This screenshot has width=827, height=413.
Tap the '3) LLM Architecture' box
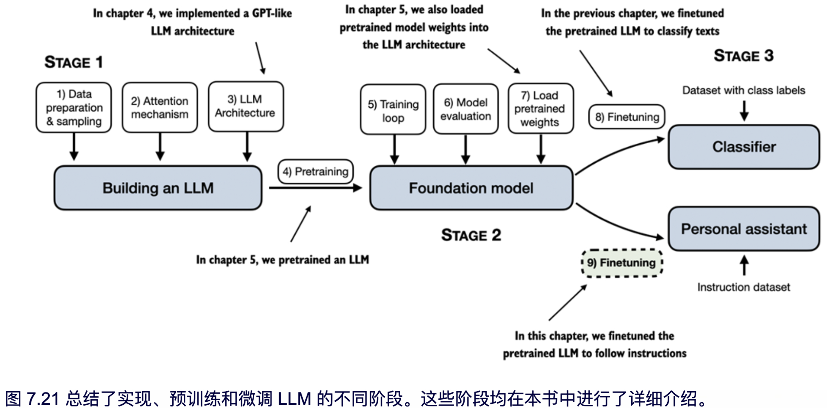pyautogui.click(x=246, y=106)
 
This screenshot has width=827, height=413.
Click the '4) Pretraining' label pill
pyautogui.click(x=315, y=172)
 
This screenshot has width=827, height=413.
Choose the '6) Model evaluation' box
pyautogui.click(x=466, y=109)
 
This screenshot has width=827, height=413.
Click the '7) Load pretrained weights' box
pyautogui.click(x=540, y=108)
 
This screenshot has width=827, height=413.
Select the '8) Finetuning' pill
pyautogui.click(x=627, y=117)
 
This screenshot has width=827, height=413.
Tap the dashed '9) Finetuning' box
pyautogui.click(x=622, y=263)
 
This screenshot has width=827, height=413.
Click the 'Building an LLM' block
pyautogui.click(x=158, y=188)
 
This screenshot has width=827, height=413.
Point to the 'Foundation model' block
pyautogui.click(x=471, y=188)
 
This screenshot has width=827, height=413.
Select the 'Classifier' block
pyautogui.click(x=744, y=147)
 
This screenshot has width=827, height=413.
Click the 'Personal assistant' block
pyautogui.click(x=744, y=229)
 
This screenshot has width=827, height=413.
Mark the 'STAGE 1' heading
pyautogui.click(x=74, y=62)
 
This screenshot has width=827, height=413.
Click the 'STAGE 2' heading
pyautogui.click(x=471, y=235)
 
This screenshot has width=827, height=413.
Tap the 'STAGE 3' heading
pyautogui.click(x=743, y=56)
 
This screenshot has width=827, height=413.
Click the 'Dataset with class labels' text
pyautogui.click(x=743, y=90)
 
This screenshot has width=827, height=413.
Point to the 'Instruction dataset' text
pyautogui.click(x=743, y=287)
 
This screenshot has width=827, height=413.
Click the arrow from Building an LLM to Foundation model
pyautogui.click(x=315, y=188)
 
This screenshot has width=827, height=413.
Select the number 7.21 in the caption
pyautogui.click(x=43, y=399)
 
